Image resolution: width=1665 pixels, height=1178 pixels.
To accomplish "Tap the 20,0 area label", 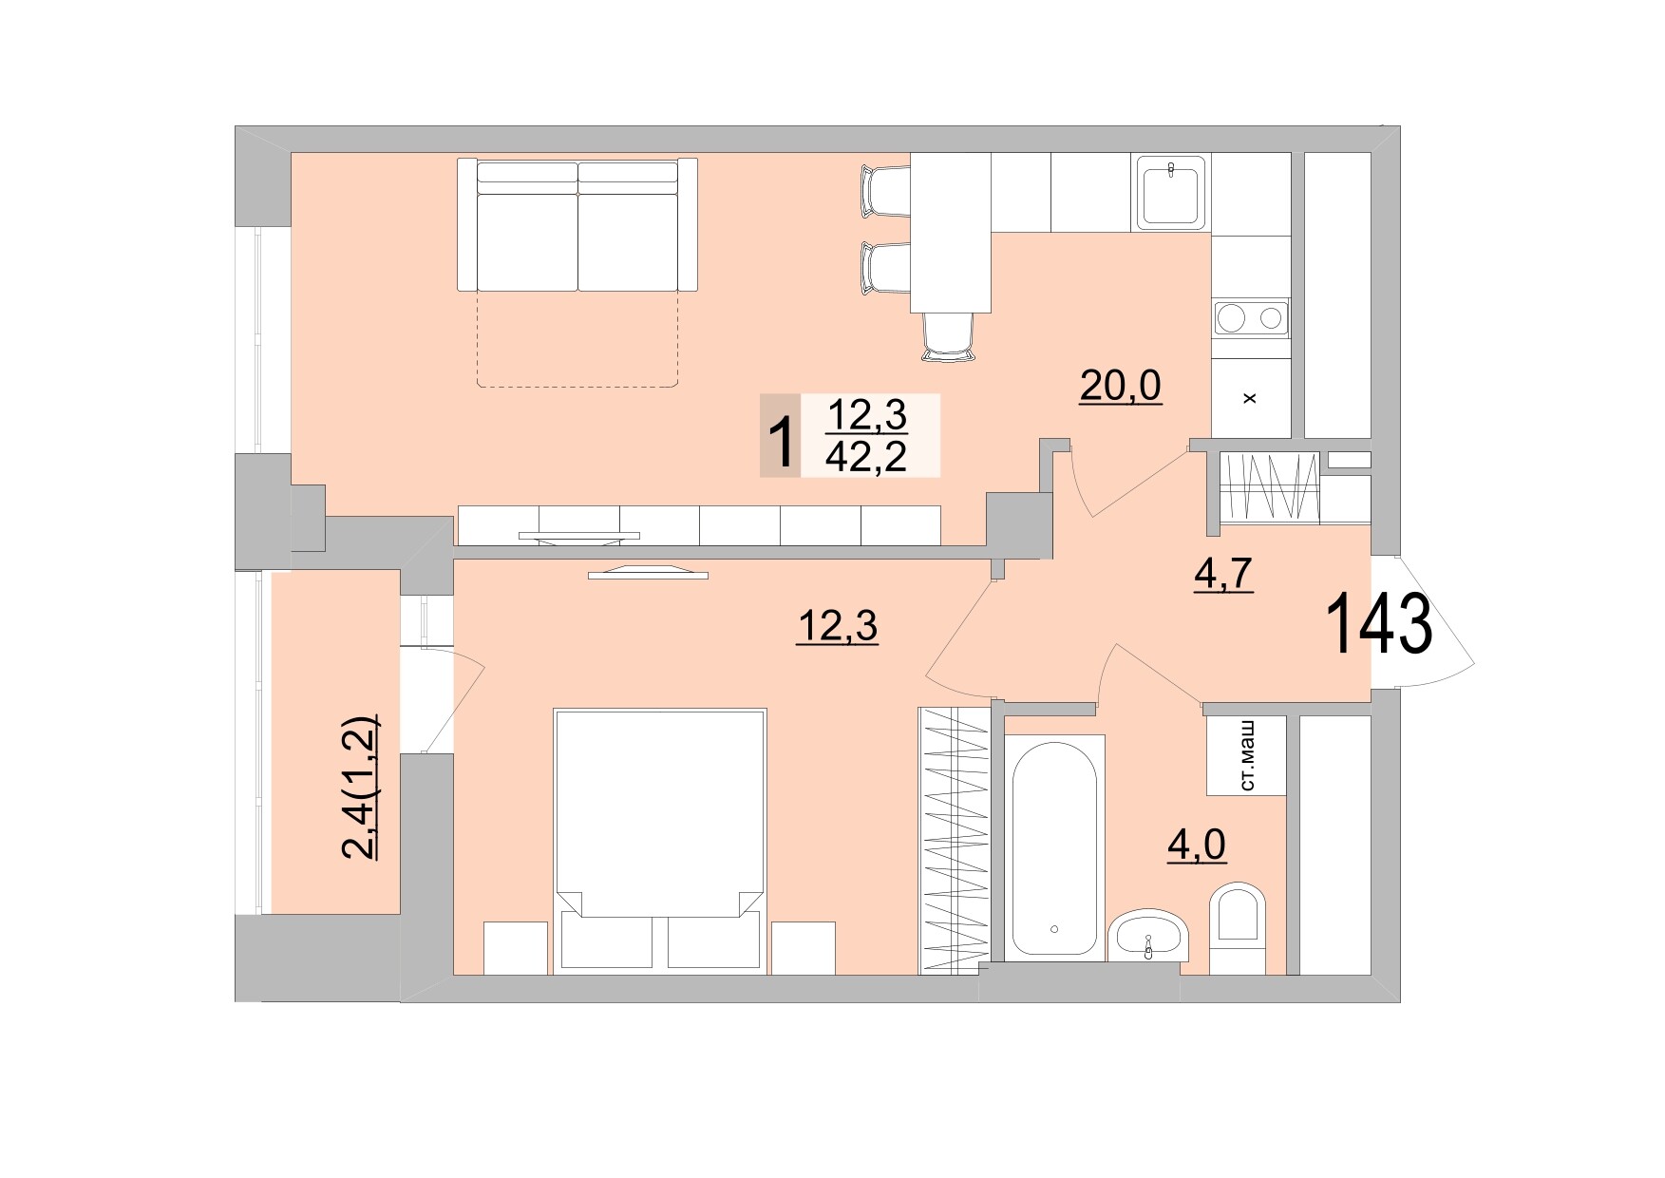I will click(1121, 386).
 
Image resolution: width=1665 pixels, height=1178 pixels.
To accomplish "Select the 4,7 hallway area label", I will click(1223, 576).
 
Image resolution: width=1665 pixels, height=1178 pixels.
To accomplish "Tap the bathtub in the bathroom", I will click(1054, 847).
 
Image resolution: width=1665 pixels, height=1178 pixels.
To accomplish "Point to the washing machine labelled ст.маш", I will click(1246, 755).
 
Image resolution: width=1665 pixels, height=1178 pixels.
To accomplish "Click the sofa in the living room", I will click(577, 226).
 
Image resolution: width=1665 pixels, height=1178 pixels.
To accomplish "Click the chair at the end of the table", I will click(948, 337).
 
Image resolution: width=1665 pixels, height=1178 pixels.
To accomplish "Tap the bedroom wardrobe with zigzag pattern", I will click(954, 841).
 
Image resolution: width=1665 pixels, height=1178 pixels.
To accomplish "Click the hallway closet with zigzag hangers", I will click(1269, 486).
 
